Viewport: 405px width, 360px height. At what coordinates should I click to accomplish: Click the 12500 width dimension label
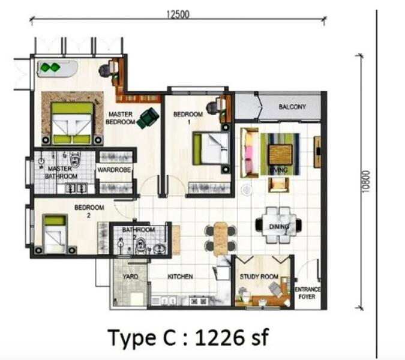(178, 14)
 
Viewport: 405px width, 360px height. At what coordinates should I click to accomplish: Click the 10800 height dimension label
(366, 182)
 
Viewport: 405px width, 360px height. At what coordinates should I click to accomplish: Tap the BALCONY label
(292, 107)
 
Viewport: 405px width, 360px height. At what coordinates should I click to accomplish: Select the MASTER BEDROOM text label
(120, 118)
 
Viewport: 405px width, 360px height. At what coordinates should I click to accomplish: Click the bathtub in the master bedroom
(58, 68)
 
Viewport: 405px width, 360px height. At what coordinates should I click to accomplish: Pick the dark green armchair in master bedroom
(148, 118)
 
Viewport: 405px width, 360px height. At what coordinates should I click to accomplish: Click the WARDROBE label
(114, 170)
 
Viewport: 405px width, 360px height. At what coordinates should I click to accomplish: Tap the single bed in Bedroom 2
(55, 233)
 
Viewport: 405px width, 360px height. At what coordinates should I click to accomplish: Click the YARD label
(130, 277)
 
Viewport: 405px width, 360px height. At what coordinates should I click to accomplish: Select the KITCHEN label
(180, 277)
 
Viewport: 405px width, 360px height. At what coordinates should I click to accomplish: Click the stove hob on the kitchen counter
(199, 301)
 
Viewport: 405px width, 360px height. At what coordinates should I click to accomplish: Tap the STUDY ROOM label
(259, 277)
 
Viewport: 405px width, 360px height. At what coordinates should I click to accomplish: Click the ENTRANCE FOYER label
(307, 293)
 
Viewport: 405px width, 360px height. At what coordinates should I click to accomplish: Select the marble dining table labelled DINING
(278, 225)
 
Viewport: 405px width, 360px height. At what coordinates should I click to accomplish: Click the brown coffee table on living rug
(281, 155)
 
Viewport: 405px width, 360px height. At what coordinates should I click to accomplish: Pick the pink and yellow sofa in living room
(250, 152)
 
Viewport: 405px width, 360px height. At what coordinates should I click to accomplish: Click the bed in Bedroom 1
(211, 148)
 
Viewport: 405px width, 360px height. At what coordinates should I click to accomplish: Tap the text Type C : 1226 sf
(188, 338)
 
